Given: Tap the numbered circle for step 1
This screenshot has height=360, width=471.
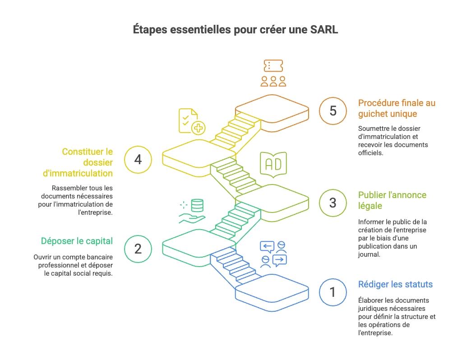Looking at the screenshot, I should pos(332,292).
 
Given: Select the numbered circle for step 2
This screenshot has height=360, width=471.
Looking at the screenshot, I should pos(138,249).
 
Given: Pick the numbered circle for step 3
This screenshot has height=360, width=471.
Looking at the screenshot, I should pos(332,203).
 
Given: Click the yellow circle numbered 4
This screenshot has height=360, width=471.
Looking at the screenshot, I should pos(138,159).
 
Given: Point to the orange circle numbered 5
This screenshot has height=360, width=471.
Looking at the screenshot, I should pos(332,111).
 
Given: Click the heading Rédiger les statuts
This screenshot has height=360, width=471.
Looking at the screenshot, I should pos(395,284).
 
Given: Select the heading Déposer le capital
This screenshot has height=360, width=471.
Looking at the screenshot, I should pos(77,241).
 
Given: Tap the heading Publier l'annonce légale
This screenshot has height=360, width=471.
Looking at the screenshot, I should pos(392,200).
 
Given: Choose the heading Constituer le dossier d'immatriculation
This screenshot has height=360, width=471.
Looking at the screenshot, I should pos(87,162).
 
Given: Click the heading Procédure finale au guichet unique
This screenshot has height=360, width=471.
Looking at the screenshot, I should pos(397,108).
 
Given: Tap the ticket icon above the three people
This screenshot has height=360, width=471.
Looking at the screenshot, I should pos(273,66).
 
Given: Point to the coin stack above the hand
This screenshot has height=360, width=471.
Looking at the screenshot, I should pos(197,206).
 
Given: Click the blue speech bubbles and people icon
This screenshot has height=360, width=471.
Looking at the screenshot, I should pos(273,254).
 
